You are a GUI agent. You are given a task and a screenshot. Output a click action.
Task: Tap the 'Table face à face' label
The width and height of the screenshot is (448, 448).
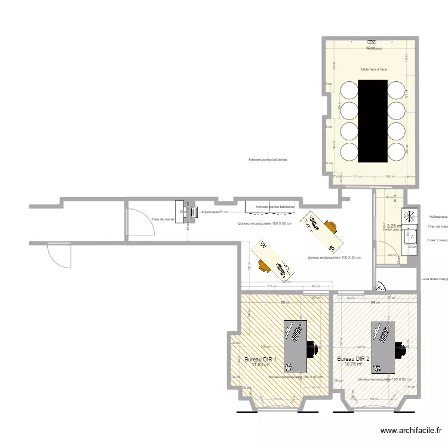coord(373,70)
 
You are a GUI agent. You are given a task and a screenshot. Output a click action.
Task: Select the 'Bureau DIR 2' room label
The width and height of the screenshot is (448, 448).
coord(353,359)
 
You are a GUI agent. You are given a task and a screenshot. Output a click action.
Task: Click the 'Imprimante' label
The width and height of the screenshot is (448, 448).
coord(210,212)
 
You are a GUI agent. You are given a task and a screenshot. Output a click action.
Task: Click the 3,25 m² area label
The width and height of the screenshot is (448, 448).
coord(394,226)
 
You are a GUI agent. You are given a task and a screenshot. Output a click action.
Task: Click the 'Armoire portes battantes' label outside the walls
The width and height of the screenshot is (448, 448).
coord(268,160)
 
